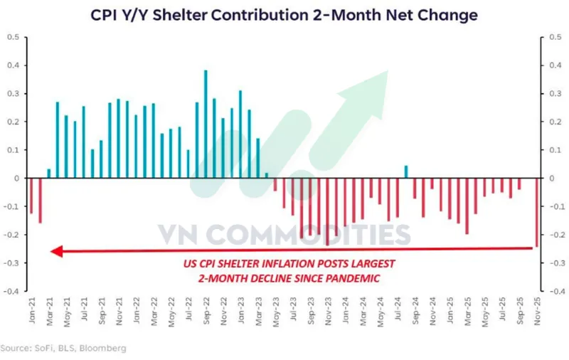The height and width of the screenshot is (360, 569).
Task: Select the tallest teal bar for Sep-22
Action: [206, 125]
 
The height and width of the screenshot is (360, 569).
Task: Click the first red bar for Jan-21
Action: [31, 196]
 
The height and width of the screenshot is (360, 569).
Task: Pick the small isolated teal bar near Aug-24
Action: [405, 171]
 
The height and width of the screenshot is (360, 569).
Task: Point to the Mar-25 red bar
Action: [467, 206]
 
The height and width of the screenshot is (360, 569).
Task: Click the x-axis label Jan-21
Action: [33, 314]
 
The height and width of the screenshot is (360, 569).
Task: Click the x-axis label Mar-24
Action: [363, 314]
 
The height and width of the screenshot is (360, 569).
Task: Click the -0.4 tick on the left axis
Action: [12, 291]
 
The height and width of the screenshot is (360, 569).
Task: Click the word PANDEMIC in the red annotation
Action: [350, 278]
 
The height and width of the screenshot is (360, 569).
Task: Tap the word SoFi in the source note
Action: [41, 349]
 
